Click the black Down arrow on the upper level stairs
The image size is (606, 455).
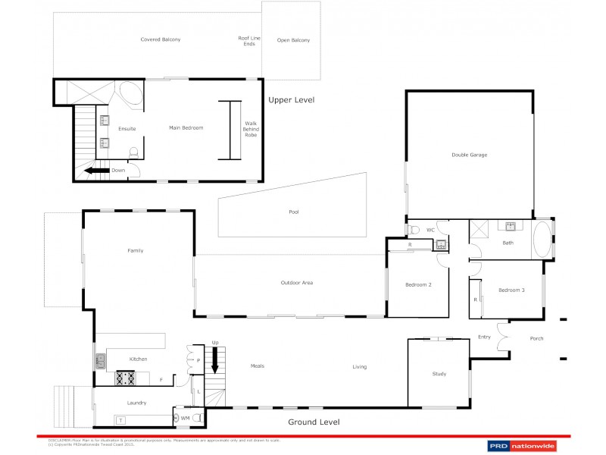point(95,171)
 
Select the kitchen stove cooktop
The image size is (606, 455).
point(124,376)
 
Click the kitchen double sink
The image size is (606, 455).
point(100,362)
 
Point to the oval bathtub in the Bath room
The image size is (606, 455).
point(542,239)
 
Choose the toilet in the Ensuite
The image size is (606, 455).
point(134,154)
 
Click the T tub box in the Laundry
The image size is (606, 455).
point(120,419)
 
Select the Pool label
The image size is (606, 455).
point(294,212)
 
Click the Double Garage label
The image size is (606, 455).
point(469,155)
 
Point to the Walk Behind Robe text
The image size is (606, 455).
point(250,129)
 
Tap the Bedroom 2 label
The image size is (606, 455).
point(418,284)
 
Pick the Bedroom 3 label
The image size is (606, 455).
point(511,290)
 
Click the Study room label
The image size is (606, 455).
point(439,374)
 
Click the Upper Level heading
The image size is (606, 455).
point(291,100)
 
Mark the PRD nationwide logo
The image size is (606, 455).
point(521,445)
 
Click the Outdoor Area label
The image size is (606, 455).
point(297,283)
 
